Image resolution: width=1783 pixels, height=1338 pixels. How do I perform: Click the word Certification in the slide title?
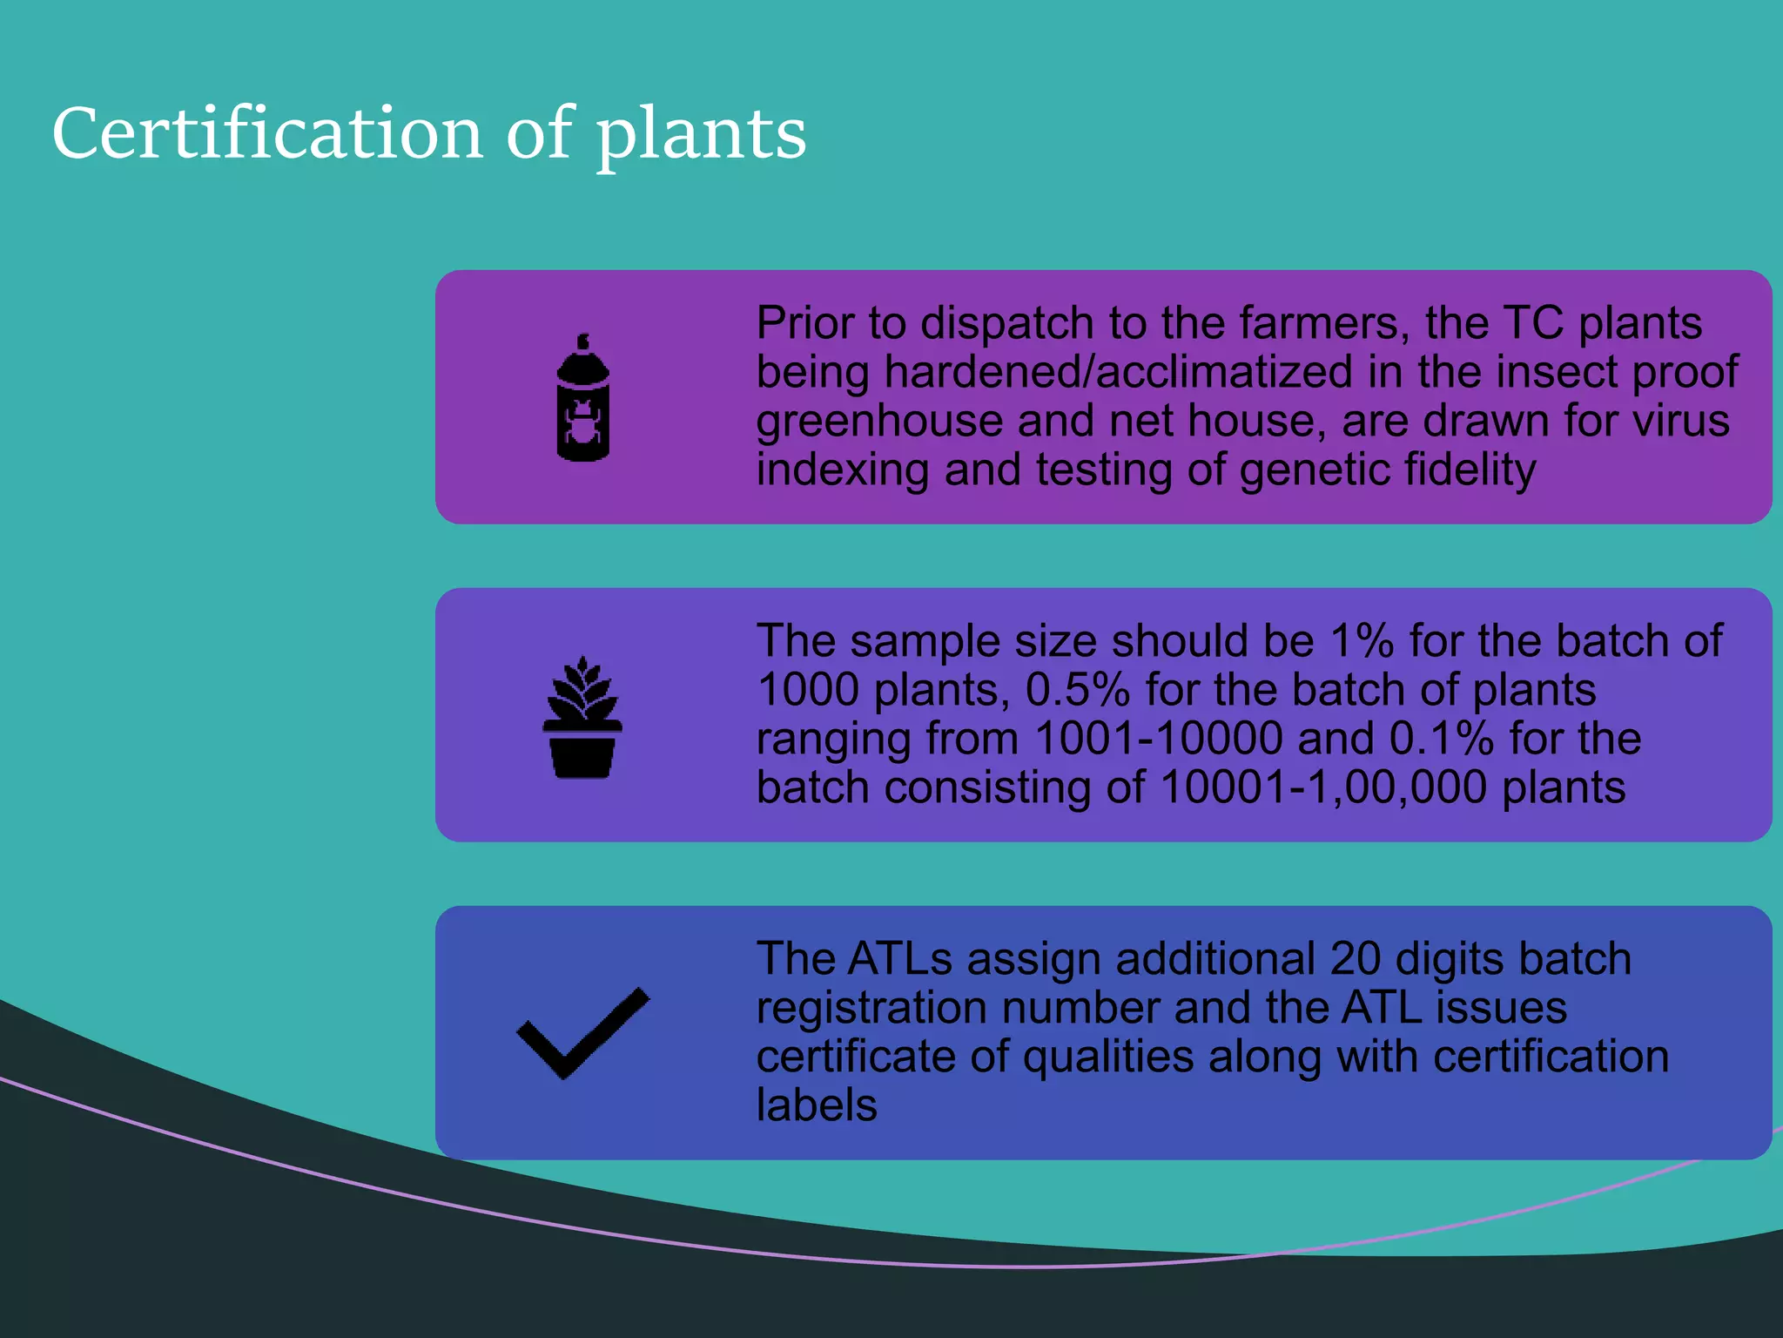tap(267, 133)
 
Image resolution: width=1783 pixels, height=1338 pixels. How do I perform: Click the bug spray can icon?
tap(583, 397)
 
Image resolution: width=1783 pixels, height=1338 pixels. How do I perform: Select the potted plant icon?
tap(582, 717)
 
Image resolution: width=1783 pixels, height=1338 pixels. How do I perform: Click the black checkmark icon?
tap(582, 1034)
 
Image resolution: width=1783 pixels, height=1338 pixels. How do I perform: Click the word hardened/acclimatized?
tap(1119, 372)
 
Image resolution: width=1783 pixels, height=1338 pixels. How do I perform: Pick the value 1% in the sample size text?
tap(1362, 641)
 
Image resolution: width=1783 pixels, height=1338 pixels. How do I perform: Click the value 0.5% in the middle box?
tap(1078, 690)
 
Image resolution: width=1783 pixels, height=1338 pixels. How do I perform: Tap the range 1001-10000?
tap(1159, 739)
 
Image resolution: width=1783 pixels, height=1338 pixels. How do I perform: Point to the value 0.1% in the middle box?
tap(1442, 739)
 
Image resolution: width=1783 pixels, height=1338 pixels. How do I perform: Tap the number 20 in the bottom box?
tap(1356, 959)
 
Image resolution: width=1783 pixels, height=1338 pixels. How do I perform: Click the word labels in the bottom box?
tap(817, 1105)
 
